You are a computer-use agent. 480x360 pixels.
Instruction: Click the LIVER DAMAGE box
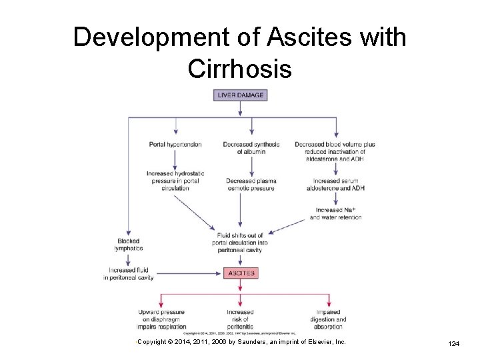(x=240, y=95)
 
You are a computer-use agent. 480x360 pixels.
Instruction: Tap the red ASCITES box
(x=240, y=273)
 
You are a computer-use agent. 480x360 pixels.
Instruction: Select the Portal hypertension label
(x=175, y=144)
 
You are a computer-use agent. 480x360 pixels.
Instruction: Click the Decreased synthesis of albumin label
(x=251, y=148)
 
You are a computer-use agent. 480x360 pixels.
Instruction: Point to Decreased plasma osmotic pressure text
(x=251, y=185)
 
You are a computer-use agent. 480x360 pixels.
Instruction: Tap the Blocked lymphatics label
(x=128, y=245)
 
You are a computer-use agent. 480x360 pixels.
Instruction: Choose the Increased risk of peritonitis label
(x=240, y=319)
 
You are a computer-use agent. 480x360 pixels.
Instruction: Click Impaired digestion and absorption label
(x=328, y=319)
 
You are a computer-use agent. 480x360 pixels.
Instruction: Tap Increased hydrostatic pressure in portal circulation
(x=175, y=181)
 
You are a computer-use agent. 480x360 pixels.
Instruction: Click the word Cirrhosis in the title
(x=240, y=68)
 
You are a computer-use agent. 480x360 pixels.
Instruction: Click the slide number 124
(x=454, y=344)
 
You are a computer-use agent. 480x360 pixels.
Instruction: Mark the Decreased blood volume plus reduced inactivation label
(x=335, y=152)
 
